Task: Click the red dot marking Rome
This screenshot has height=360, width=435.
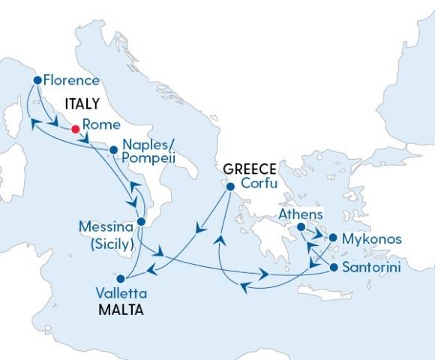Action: (x=75, y=129)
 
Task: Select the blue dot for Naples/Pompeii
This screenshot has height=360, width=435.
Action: (x=113, y=149)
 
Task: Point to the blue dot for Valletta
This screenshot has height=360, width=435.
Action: (x=118, y=277)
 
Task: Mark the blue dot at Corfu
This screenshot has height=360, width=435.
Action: (x=230, y=187)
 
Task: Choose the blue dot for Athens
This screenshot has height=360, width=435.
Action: (x=300, y=227)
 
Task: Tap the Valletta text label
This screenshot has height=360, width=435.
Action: (x=122, y=292)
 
